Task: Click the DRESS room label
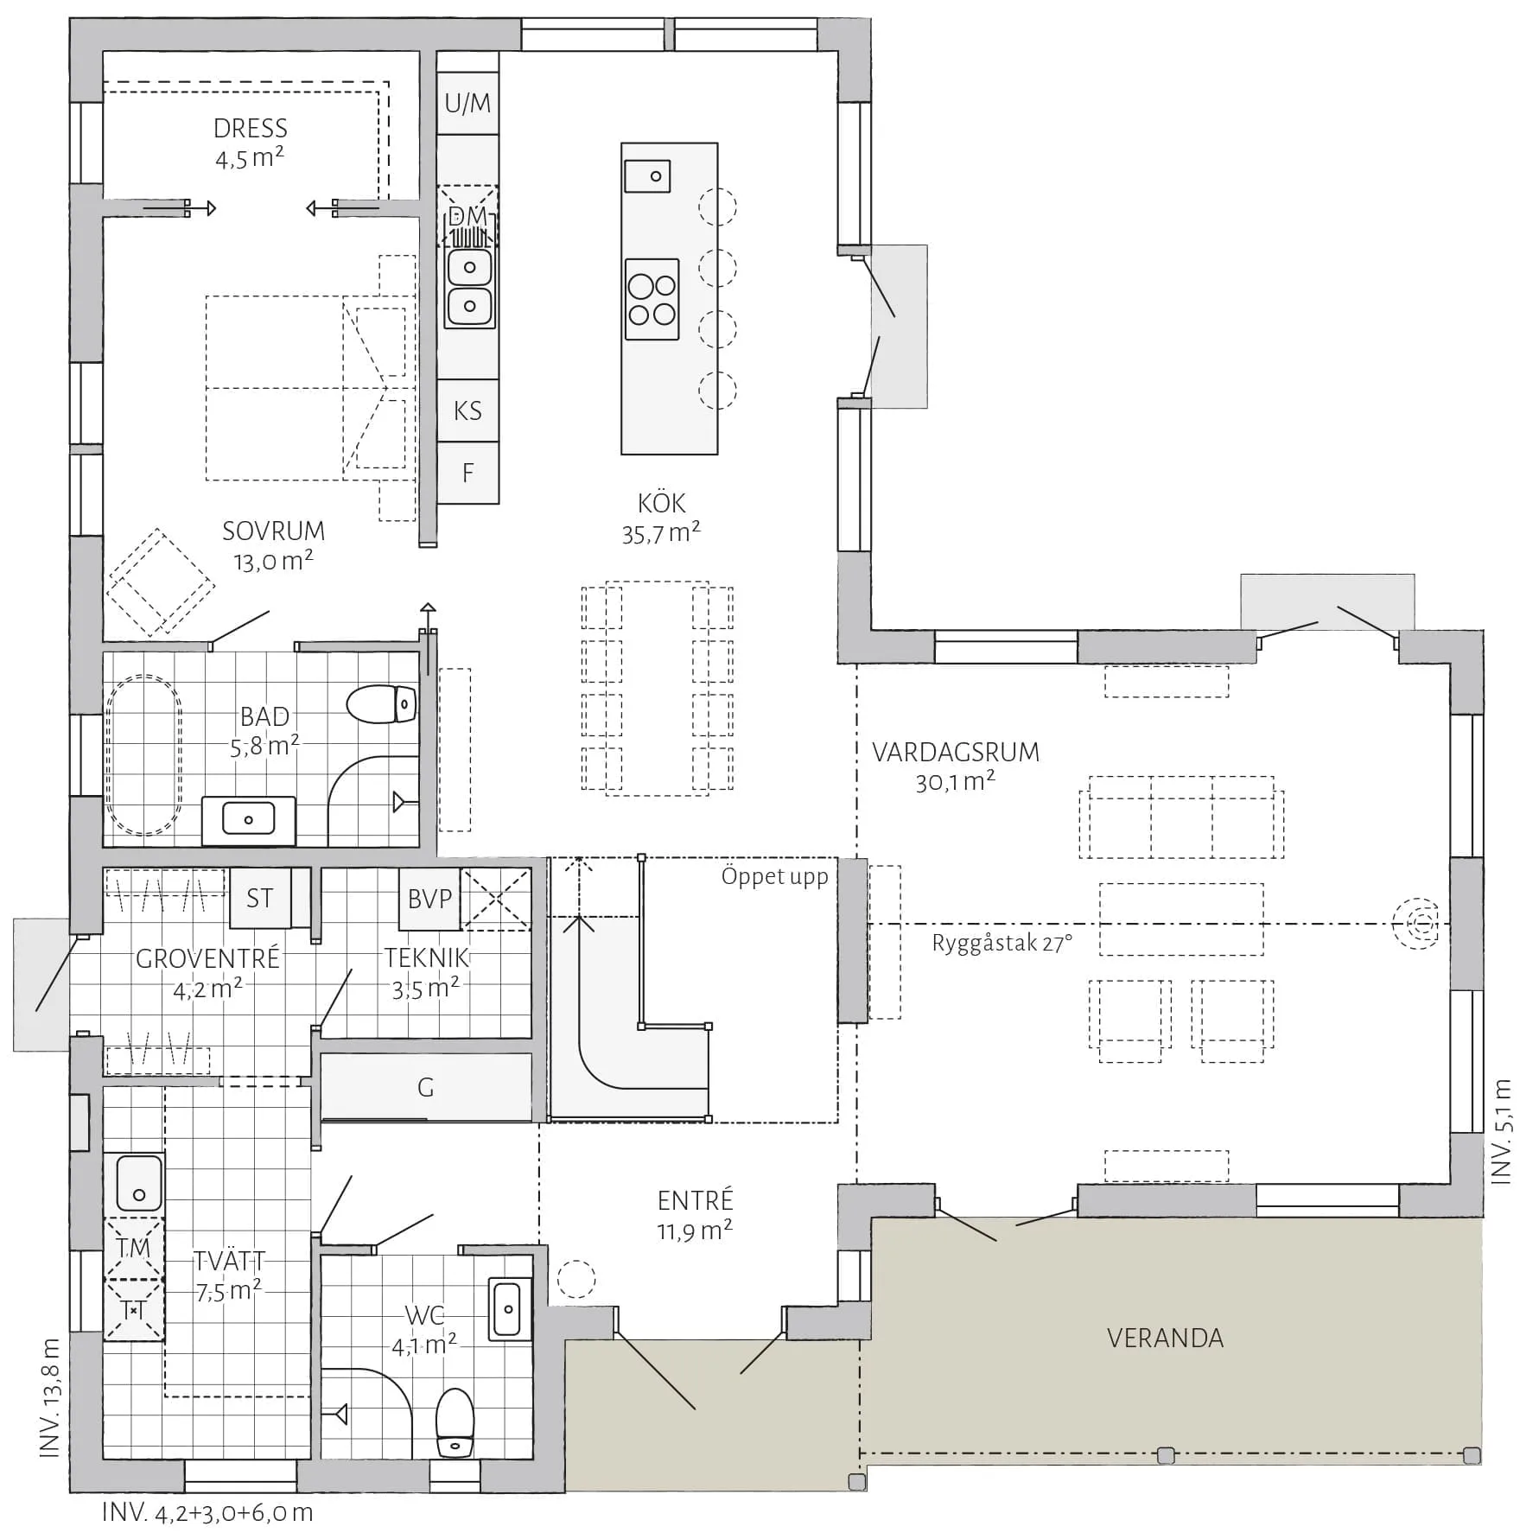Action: [251, 129]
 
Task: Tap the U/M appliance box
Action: [467, 103]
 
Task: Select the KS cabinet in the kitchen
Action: [467, 410]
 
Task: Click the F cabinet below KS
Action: [467, 473]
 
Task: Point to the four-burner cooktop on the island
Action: [652, 299]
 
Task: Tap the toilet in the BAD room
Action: [382, 704]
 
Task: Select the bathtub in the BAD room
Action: [144, 754]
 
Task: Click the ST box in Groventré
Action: [260, 898]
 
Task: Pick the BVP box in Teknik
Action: [429, 899]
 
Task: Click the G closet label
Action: [426, 1087]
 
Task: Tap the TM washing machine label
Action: [134, 1248]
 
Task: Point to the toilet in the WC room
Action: [455, 1422]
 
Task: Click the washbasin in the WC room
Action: [507, 1308]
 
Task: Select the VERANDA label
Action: [1165, 1339]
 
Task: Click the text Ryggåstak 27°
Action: [1002, 943]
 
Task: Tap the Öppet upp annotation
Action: [775, 877]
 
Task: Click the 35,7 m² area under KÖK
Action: [661, 533]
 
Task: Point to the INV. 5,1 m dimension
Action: [1503, 1130]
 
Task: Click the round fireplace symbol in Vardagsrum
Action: [1415, 925]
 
